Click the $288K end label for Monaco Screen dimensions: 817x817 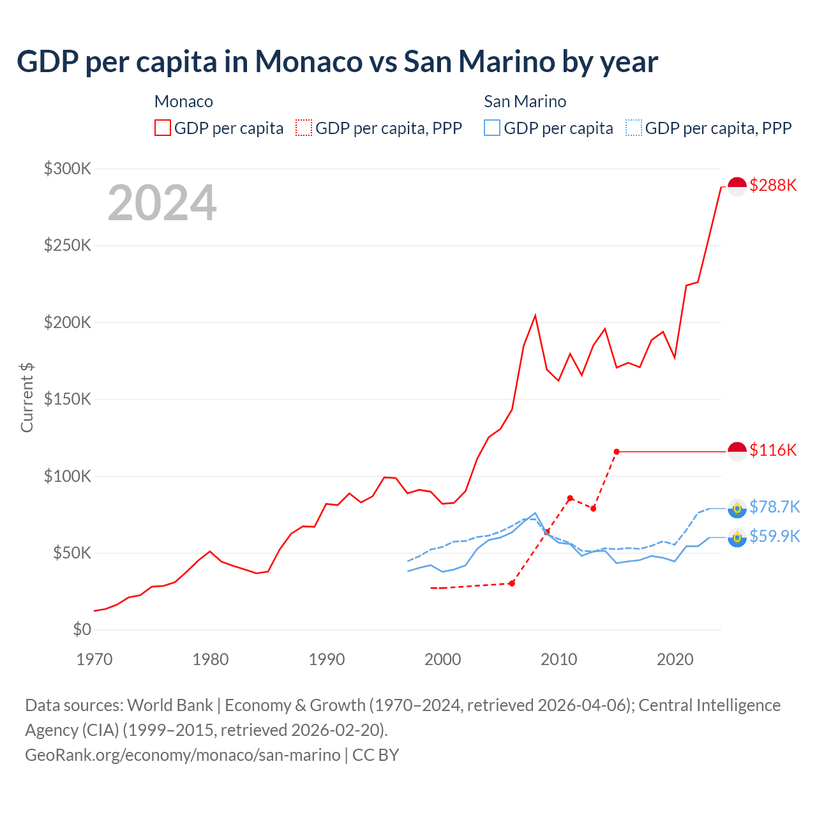click(773, 185)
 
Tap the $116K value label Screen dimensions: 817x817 click(773, 450)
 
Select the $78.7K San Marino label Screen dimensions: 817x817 click(774, 507)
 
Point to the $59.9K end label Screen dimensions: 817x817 click(774, 536)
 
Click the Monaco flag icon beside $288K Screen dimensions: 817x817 click(737, 186)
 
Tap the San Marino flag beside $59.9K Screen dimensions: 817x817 click(737, 537)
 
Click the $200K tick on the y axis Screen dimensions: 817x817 click(68, 322)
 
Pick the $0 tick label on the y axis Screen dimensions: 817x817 click(82, 629)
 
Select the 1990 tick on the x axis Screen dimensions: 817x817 click(327, 659)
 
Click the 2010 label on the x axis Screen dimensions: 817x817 click(559, 659)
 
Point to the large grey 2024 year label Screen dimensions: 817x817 click(162, 203)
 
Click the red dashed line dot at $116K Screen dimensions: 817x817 click(617, 452)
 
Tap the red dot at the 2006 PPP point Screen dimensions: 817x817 click(512, 583)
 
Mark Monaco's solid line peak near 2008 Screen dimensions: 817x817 click(535, 315)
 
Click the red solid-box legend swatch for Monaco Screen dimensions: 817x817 click(163, 128)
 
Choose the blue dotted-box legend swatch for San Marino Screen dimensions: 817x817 click(634, 128)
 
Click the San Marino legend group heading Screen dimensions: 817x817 click(525, 101)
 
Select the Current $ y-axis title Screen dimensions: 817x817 click(27, 397)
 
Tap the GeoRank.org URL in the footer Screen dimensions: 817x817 click(183, 754)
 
